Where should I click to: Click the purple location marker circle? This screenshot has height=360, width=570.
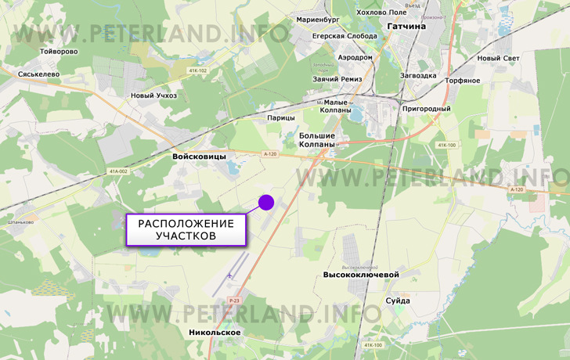click(265, 202)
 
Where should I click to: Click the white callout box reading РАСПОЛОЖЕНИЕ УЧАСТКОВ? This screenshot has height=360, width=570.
click(186, 229)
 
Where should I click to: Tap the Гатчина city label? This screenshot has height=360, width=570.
click(406, 26)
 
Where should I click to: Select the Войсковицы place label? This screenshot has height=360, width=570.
click(199, 157)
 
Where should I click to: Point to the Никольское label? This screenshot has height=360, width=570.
click(215, 333)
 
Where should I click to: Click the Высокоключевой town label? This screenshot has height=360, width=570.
click(361, 275)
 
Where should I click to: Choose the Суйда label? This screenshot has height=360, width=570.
click(398, 300)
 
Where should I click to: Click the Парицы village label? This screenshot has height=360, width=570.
click(281, 117)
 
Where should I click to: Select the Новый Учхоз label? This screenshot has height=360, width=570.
click(153, 95)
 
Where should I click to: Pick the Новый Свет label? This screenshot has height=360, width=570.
click(498, 59)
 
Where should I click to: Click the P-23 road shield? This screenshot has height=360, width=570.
click(234, 301)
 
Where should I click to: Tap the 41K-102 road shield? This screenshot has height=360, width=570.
click(197, 71)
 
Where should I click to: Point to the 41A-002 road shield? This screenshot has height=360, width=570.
click(117, 171)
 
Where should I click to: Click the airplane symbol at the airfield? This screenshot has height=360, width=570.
click(229, 275)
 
